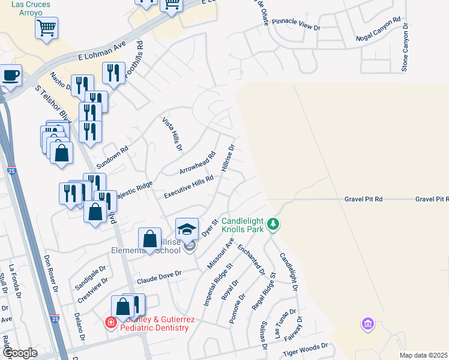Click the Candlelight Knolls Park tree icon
(x=274, y=224)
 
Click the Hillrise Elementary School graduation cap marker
(x=187, y=229)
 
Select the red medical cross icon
(x=110, y=323)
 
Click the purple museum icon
(x=367, y=325)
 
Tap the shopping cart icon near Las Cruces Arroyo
(x=46, y=28)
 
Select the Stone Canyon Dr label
(x=405, y=48)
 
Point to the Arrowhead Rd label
(x=197, y=163)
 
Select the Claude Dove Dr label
(x=158, y=277)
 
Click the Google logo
(x=20, y=353)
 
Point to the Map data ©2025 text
(x=423, y=355)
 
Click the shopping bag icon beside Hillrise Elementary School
(x=150, y=239)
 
